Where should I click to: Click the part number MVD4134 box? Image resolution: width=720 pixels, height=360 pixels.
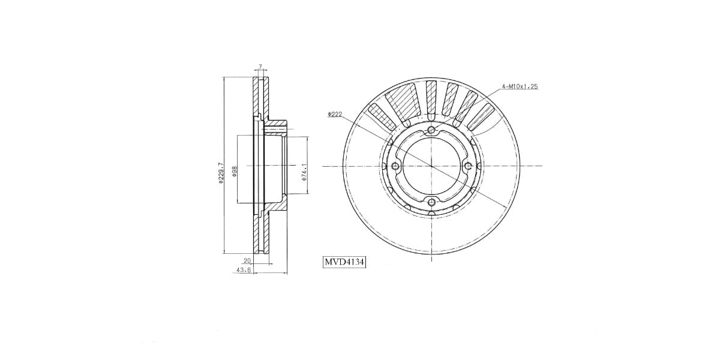pos(344,262)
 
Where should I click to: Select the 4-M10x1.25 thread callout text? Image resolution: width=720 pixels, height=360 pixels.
pos(520,86)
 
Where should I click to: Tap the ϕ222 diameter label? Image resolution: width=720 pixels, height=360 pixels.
pos(335,114)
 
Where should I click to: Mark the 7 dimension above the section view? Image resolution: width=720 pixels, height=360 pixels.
pos(260,66)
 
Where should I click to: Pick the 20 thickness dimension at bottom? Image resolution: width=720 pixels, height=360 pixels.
pos(247,260)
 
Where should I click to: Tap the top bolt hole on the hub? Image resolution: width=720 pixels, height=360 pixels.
pos(431,130)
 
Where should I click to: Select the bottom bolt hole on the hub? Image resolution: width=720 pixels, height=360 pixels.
pos(431,203)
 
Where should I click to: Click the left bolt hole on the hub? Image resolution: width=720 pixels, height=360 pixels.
pos(394,166)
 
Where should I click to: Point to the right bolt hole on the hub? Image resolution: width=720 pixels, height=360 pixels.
pos(469,166)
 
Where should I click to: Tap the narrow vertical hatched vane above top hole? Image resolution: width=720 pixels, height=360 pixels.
pos(431,95)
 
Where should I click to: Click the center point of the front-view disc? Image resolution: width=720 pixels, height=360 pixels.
pos(431,166)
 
